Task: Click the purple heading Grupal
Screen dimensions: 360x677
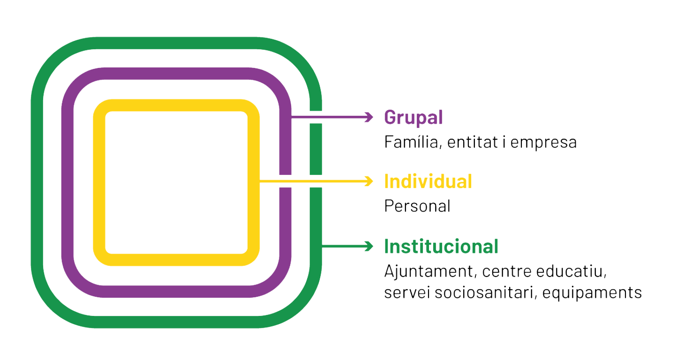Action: click(413, 117)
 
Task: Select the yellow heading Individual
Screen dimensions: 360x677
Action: click(428, 181)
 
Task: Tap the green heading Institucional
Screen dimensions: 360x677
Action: click(441, 247)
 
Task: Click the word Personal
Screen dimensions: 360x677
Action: click(417, 206)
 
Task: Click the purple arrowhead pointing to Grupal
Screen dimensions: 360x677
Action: click(370, 117)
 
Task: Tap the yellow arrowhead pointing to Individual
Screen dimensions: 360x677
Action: click(370, 181)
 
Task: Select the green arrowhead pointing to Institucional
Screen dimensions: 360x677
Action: click(370, 246)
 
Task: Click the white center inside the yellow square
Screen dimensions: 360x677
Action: click(176, 182)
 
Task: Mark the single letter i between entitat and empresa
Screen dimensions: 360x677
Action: click(503, 142)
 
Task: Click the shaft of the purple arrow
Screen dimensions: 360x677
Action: click(328, 117)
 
